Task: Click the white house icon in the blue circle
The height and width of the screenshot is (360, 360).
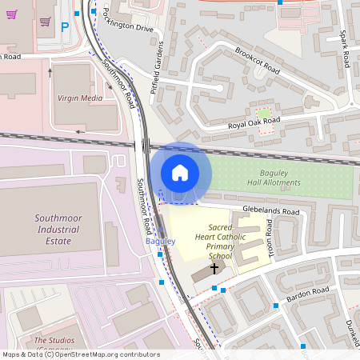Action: click(x=180, y=172)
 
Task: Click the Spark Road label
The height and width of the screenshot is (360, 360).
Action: click(x=345, y=49)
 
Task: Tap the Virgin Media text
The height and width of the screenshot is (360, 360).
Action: click(x=80, y=98)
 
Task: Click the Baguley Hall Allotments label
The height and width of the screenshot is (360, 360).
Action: click(x=279, y=178)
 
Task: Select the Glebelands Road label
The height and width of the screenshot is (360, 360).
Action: click(x=270, y=211)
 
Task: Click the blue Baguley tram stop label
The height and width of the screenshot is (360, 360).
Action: click(x=160, y=241)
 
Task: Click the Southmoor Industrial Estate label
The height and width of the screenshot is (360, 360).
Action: click(x=46, y=229)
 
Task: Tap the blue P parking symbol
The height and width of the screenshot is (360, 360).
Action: click(x=65, y=26)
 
